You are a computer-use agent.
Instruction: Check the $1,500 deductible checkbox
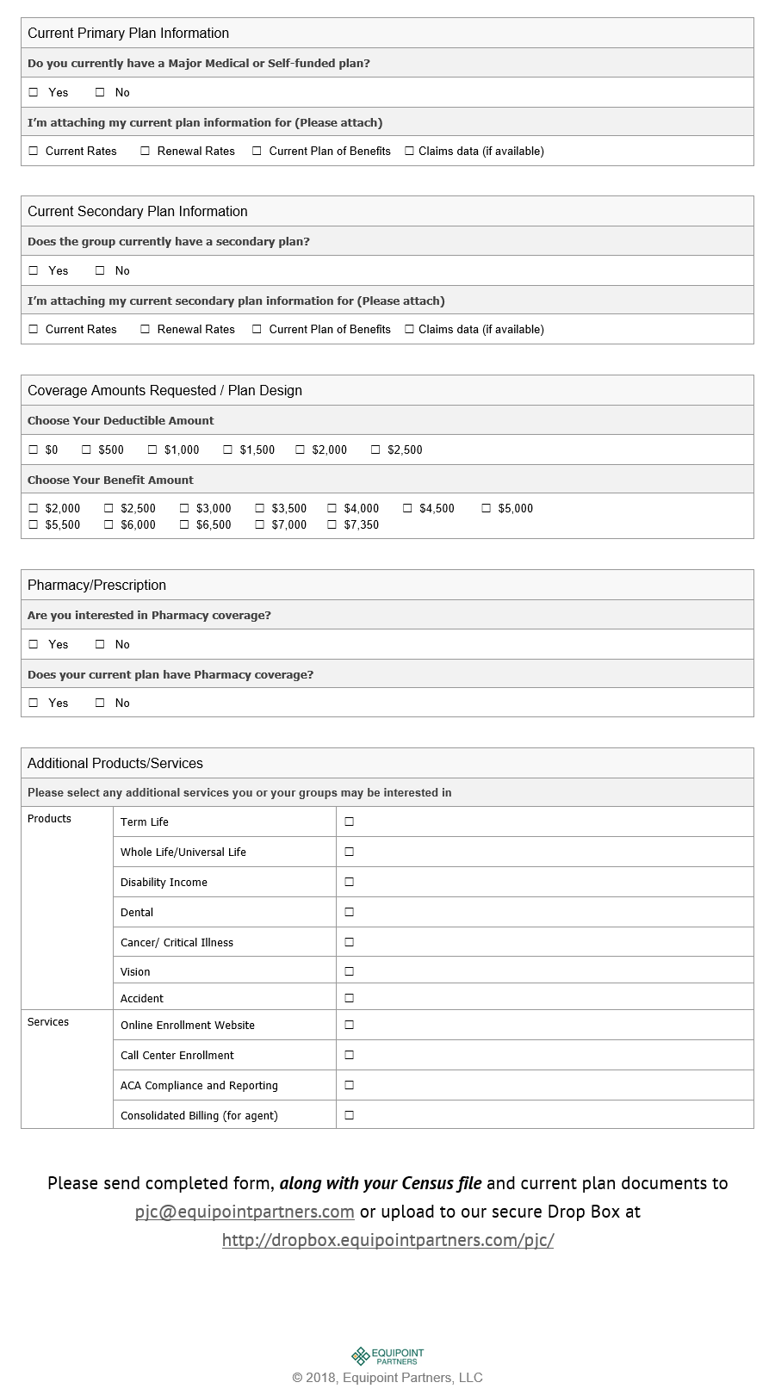coord(228,449)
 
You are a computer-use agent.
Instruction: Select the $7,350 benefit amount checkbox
coord(332,524)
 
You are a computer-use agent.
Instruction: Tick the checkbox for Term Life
coord(350,821)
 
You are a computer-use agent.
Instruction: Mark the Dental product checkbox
coord(350,912)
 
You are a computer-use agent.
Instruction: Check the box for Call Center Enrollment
coord(350,1055)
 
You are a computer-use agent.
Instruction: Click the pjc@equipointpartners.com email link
coord(245,1212)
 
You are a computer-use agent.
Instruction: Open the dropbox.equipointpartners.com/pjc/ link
coord(387,1240)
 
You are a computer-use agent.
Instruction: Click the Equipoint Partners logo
coord(387,1356)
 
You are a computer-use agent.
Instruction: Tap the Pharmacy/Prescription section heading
coord(96,586)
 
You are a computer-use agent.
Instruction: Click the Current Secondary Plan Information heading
coord(138,212)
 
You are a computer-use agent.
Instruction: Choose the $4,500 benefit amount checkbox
coord(408,508)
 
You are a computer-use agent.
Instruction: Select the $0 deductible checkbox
coord(34,449)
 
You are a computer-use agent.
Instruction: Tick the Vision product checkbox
coord(350,971)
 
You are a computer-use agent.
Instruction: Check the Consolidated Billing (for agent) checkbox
coord(350,1115)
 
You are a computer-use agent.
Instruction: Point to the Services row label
coord(48,1022)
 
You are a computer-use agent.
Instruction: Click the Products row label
coord(49,819)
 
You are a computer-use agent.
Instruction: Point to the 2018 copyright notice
coord(387,1378)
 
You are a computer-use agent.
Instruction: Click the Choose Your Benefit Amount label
coord(110,480)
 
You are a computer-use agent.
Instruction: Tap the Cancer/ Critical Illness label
coord(177,942)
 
